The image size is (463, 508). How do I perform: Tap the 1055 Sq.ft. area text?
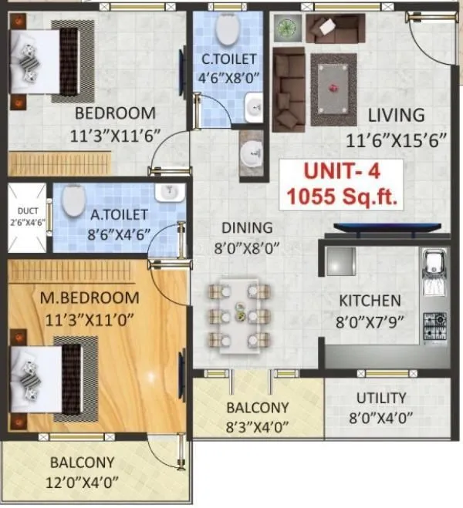342,197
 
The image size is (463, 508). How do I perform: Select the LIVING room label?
396,115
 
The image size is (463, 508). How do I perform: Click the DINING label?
246,228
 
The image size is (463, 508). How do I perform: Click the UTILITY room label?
381,398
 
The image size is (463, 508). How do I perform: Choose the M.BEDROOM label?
91,298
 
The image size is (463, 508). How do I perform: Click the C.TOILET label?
229,59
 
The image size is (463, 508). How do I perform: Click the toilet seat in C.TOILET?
227,30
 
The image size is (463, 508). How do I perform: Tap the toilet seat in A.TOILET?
73,203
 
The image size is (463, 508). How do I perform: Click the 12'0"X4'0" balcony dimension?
82,484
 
